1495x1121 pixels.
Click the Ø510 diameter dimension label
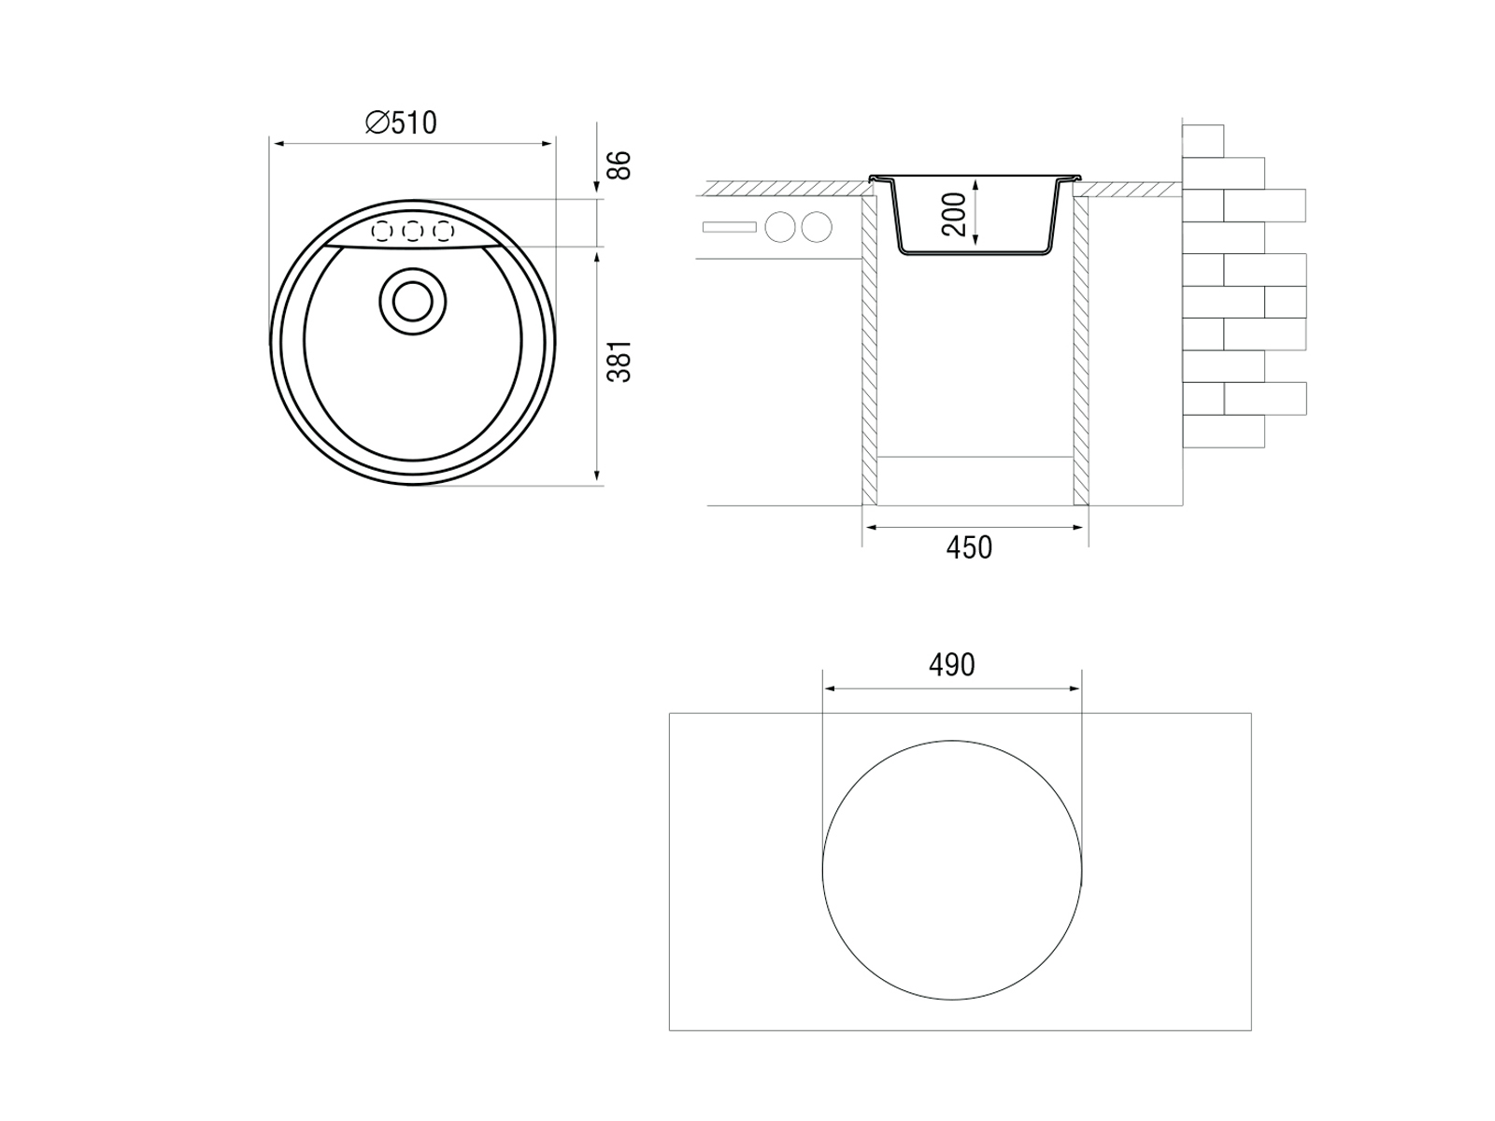tap(401, 123)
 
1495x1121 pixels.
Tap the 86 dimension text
tap(619, 165)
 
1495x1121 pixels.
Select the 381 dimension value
tap(619, 362)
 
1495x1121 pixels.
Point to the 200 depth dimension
tap(954, 215)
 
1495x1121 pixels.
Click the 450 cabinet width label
tap(969, 548)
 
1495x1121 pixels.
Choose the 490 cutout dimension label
tap(951, 665)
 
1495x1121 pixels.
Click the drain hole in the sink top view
tap(413, 302)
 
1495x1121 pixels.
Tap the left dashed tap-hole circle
tap(381, 232)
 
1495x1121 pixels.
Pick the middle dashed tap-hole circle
tap(412, 232)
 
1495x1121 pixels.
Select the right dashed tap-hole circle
tap(444, 232)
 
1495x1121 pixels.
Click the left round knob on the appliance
tap(780, 227)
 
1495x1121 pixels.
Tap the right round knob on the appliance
tap(817, 227)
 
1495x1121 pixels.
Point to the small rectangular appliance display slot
tap(730, 227)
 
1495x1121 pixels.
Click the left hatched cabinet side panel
tap(870, 351)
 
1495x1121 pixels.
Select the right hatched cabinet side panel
tap(1081, 351)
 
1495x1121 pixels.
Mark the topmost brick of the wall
tap(1203, 141)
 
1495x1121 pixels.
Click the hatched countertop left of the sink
tap(788, 189)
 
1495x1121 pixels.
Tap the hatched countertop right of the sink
tap(1130, 189)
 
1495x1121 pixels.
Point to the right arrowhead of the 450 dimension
tap(1078, 527)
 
